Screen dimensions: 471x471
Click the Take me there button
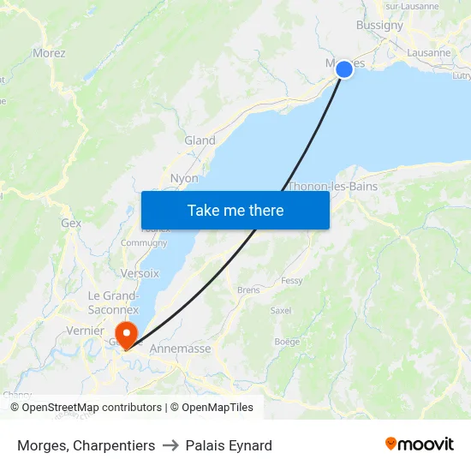pos(235,210)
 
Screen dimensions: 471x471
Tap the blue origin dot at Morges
pos(344,69)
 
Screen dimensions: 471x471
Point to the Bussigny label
pos(379,26)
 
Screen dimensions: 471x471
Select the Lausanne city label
pos(429,53)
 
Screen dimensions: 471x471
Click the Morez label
pos(49,53)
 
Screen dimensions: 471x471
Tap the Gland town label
pos(200,140)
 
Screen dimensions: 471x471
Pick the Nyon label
pos(184,179)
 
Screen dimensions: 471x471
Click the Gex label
pos(71,223)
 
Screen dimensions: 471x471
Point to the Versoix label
pos(140,273)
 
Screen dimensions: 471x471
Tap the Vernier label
pos(85,331)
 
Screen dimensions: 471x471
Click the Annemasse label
pos(180,349)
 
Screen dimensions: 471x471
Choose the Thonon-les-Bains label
pos(332,187)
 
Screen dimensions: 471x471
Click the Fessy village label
pos(292,281)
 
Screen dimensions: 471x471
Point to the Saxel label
pos(281,310)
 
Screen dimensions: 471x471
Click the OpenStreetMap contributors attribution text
pos(92,408)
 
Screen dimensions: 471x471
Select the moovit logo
pos(419,444)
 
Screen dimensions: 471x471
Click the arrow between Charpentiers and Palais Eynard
pos(170,445)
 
